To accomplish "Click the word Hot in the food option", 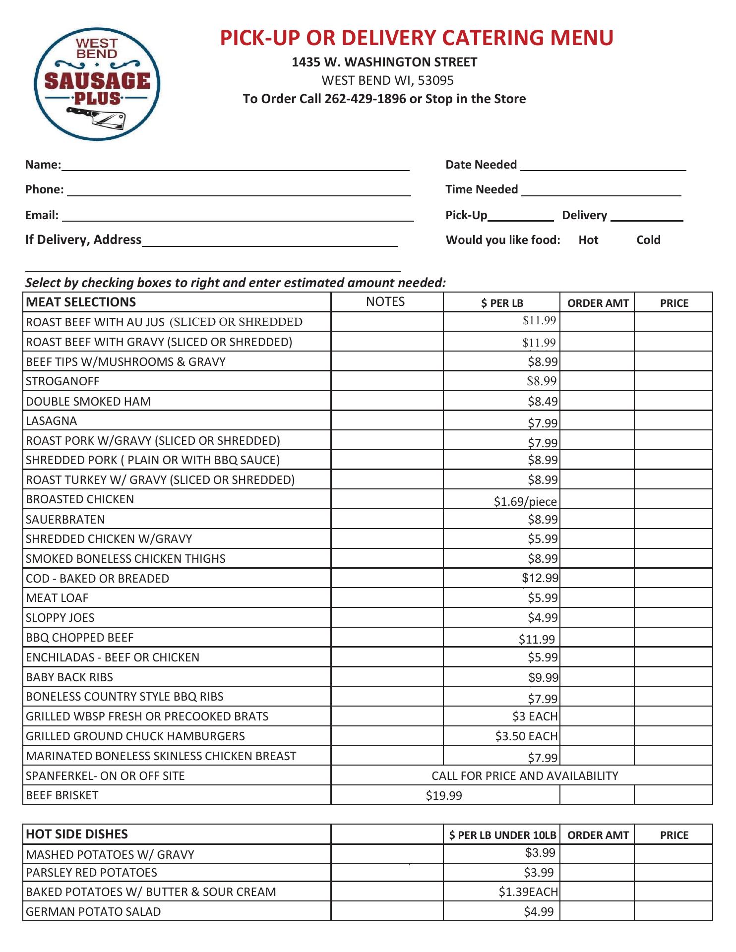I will coord(588,240).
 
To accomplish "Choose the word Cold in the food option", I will coord(648,240).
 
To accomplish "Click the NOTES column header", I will coord(385,302).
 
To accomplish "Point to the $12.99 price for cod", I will coord(540,578).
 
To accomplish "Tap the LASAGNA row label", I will coord(52,421).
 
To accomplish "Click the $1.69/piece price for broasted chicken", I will coord(525,501).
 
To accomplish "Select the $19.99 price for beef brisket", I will coord(444,796).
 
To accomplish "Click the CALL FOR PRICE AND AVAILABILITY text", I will coord(525,776).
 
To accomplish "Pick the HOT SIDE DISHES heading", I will coord(77,834).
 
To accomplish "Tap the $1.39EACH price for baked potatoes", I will coord(528,892).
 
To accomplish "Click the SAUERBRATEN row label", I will coord(65,520).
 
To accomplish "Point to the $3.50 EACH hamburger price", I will coord(526,736).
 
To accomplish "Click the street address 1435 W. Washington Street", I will coord(384,62).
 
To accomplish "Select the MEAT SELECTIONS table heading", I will coord(81,302).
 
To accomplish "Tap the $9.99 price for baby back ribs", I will coord(543,677).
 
